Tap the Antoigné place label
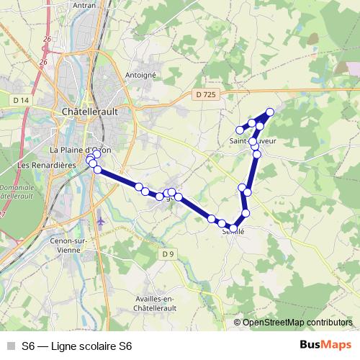click(141, 74)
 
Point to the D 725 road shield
click(205, 94)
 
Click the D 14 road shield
click(21, 99)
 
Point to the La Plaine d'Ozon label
click(80, 150)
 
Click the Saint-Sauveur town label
click(253, 141)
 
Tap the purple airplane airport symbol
click(99, 219)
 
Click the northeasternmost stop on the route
click(270, 112)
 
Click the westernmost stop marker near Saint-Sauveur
click(240, 130)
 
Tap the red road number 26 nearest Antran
click(48, 38)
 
